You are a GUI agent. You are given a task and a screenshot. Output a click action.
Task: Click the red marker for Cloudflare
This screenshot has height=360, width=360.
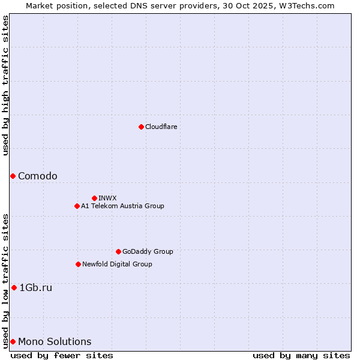pos(141,127)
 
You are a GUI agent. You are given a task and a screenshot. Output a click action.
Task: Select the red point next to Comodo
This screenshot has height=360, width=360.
pos(13,176)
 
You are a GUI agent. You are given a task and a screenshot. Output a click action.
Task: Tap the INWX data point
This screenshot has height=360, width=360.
pos(94,198)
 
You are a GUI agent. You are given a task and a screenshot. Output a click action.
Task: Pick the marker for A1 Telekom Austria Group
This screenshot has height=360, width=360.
pos(77,206)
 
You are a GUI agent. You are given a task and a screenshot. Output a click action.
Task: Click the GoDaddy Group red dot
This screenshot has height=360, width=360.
pos(118,251)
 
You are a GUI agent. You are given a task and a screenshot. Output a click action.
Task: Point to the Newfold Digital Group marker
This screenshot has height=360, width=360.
pos(78,264)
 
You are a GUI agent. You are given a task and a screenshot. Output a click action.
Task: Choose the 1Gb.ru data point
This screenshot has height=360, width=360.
pos(14,287)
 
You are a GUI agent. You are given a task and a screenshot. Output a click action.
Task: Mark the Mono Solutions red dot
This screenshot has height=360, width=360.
pos(13,341)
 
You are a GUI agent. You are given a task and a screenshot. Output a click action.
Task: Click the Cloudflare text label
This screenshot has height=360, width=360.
pos(161,127)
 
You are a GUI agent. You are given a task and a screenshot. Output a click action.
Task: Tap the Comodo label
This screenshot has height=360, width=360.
pos(38,176)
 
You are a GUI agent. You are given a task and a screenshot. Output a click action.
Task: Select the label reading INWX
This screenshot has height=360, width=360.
pos(107,198)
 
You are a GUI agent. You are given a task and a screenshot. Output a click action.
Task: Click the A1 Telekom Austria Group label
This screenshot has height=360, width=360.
pos(122,206)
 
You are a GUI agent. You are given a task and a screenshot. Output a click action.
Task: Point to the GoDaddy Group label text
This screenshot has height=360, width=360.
pos(148,251)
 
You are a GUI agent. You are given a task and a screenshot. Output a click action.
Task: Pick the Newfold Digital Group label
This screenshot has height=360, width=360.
pos(117,264)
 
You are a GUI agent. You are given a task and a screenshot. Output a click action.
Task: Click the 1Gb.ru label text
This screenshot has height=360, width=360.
pos(36,287)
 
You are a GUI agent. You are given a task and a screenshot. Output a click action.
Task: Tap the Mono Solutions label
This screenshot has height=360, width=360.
pos(55,341)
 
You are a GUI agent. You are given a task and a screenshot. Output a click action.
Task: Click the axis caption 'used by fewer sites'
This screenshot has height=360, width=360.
pos(62,355)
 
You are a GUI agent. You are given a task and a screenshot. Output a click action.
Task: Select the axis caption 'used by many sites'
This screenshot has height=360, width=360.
pos(301,355)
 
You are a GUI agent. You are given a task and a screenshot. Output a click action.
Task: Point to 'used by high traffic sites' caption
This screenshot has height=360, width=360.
pos(5,86)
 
